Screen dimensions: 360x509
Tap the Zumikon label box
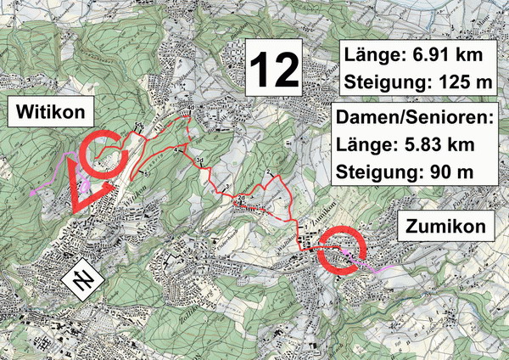tap(445, 226)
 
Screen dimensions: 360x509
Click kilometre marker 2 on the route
tap(268, 172)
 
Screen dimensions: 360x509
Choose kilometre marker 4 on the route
tap(176, 149)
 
